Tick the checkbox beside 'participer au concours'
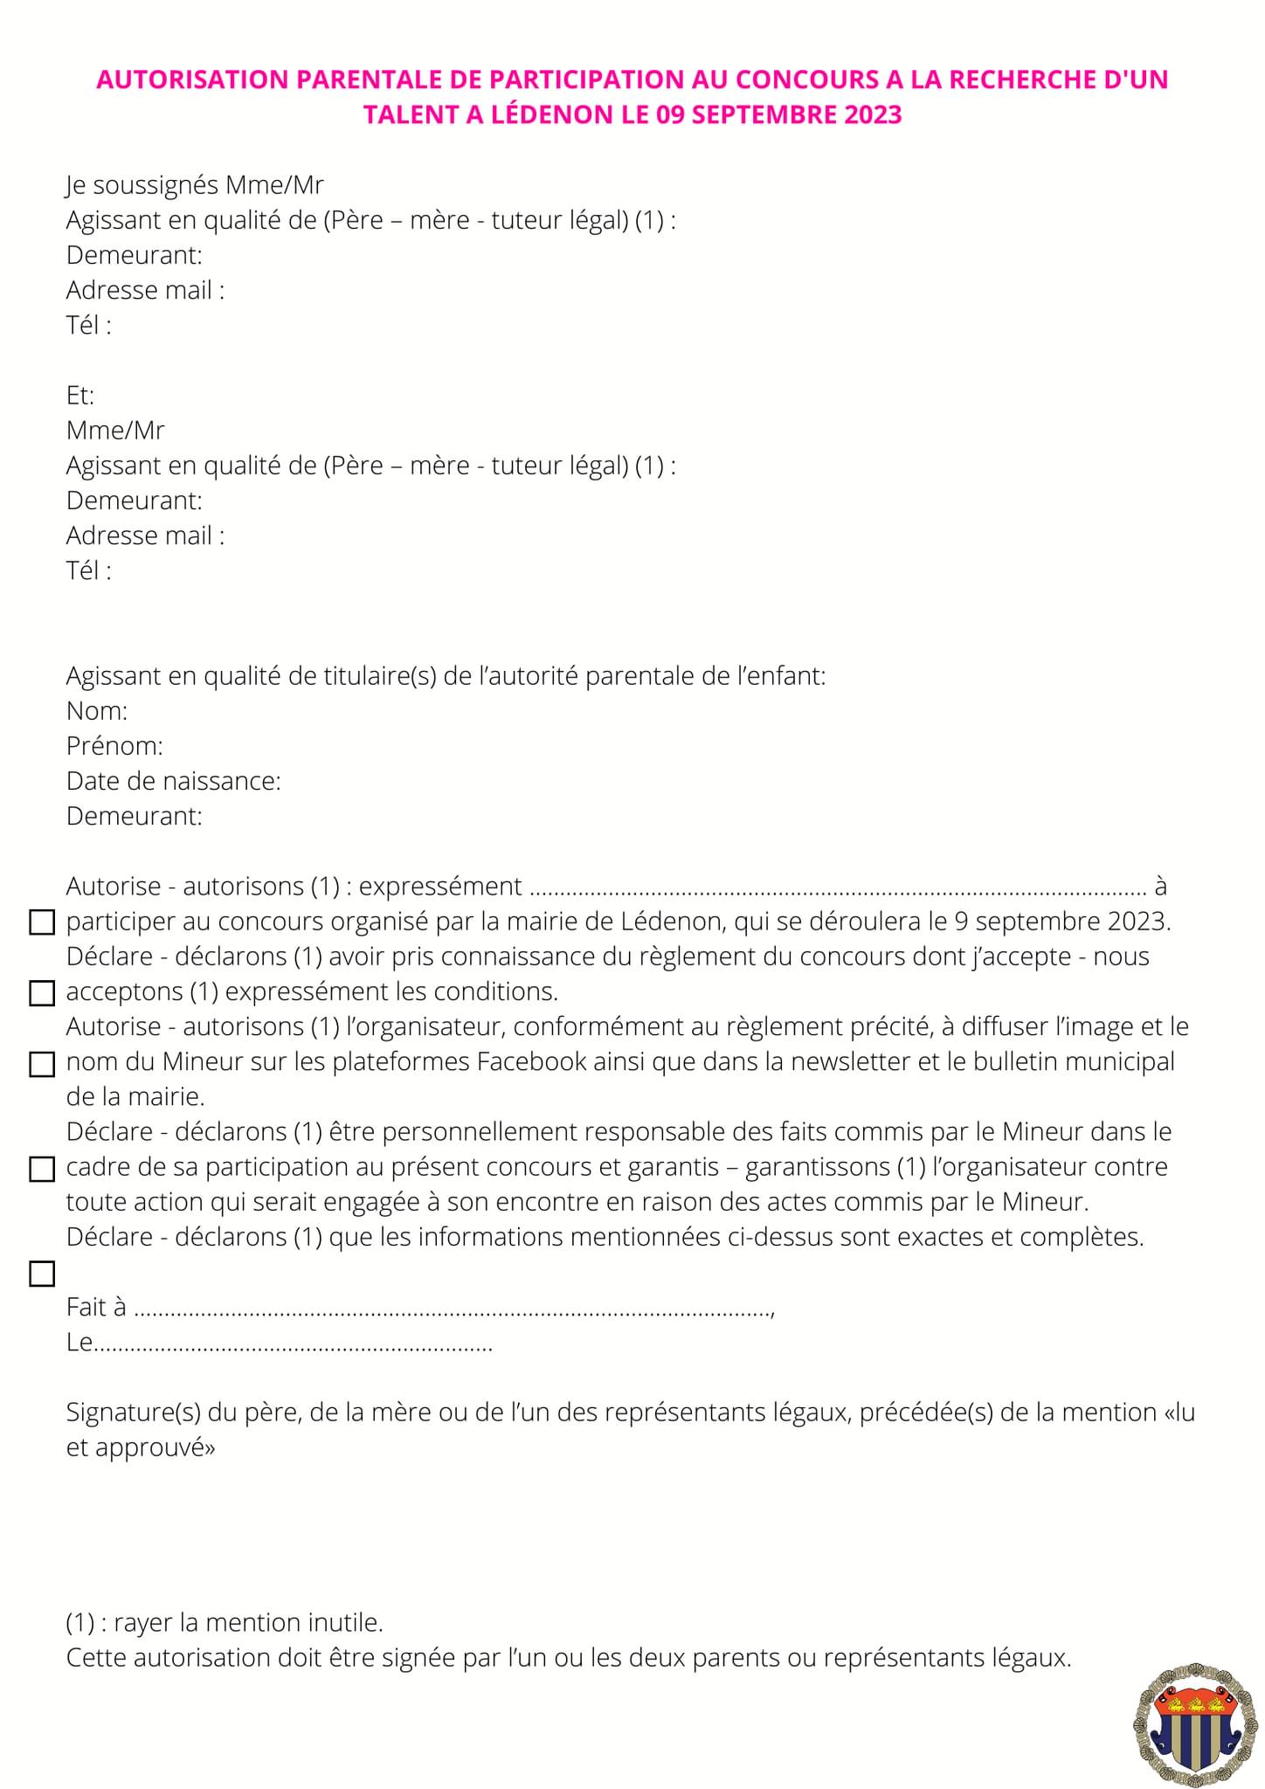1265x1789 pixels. [42, 922]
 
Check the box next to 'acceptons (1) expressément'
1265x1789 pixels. [42, 993]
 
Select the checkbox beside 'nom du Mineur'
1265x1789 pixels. [42, 1064]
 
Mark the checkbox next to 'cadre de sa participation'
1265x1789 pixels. [42, 1169]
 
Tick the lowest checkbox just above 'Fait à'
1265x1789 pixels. [42, 1274]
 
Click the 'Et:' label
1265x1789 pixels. [80, 396]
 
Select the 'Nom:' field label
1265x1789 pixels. [97, 711]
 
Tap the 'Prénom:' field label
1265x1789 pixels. [114, 746]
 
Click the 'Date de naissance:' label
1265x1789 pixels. [174, 781]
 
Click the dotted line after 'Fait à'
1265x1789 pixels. [454, 1309]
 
